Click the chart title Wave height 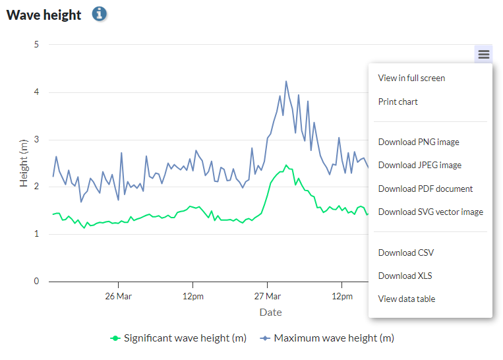[x=44, y=15]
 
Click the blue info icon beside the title [x=99, y=14]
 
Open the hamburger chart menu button [x=484, y=55]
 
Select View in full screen [x=411, y=78]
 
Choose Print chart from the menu [x=398, y=102]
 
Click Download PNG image [x=419, y=142]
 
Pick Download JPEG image [x=419, y=165]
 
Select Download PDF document [x=425, y=189]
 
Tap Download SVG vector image [x=430, y=212]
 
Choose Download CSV [x=405, y=253]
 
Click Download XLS [x=405, y=276]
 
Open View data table [x=406, y=299]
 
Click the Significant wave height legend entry [x=178, y=338]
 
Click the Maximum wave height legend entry [x=327, y=338]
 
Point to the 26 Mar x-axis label [x=118, y=296]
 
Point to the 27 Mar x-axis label [x=267, y=296]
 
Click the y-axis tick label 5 [x=36, y=45]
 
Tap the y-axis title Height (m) [x=24, y=163]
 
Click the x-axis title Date [x=270, y=312]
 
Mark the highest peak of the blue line [x=286, y=82]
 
